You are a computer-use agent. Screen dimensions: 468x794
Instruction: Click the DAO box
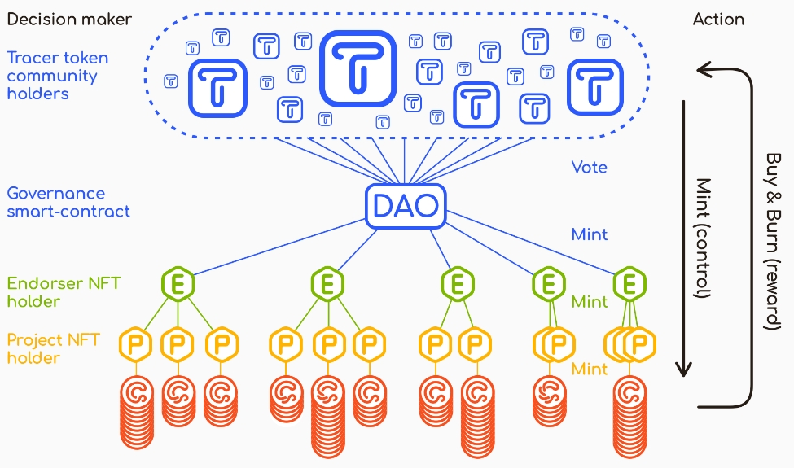(x=406, y=207)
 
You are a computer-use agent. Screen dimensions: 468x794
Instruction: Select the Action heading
(x=718, y=19)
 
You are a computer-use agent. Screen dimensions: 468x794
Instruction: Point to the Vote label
(x=589, y=167)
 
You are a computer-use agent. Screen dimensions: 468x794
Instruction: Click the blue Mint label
(x=589, y=234)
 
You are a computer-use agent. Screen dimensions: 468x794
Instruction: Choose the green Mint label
(x=589, y=302)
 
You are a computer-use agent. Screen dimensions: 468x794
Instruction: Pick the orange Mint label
(x=589, y=369)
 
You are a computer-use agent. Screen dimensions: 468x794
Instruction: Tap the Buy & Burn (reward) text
(x=773, y=240)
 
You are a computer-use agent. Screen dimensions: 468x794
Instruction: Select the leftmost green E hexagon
(x=176, y=284)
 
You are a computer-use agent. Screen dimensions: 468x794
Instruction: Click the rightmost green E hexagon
(x=629, y=284)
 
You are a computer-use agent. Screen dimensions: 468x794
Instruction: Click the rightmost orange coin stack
(x=629, y=411)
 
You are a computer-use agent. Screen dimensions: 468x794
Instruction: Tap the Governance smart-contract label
(x=68, y=203)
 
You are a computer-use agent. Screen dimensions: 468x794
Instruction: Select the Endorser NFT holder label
(x=64, y=292)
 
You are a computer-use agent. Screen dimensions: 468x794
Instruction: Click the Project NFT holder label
(x=53, y=348)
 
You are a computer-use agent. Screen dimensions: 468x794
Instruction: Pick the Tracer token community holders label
(x=57, y=76)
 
